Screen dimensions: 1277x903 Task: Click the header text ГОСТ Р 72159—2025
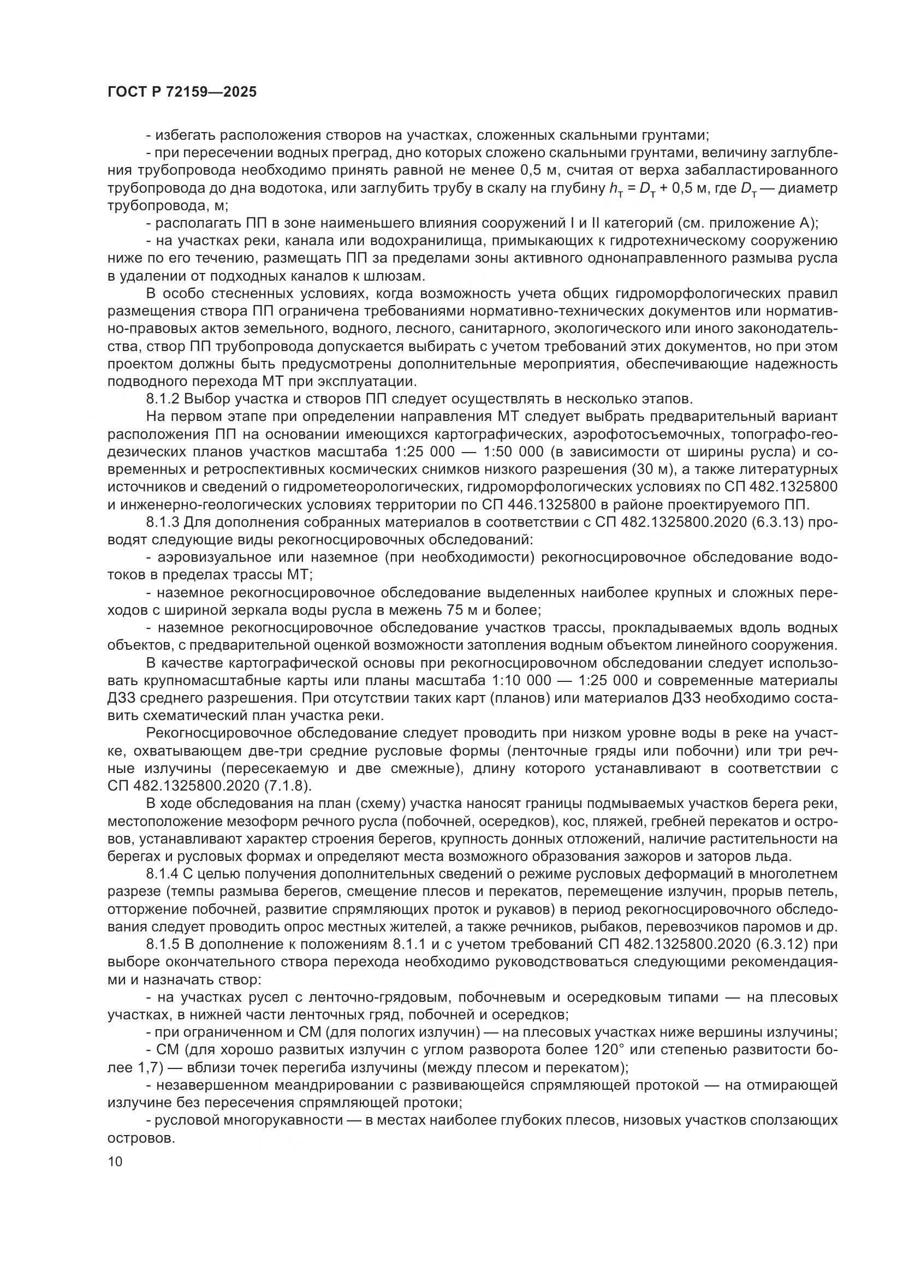pyautogui.click(x=182, y=92)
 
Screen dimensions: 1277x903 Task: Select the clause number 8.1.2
pyautogui.click(x=163, y=399)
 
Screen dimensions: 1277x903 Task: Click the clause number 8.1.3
pyautogui.click(x=163, y=522)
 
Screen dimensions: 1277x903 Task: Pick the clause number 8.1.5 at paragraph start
pyautogui.click(x=163, y=946)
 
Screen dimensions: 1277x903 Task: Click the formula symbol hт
pyautogui.click(x=616, y=189)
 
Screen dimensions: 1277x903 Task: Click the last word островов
pyautogui.click(x=141, y=1139)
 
